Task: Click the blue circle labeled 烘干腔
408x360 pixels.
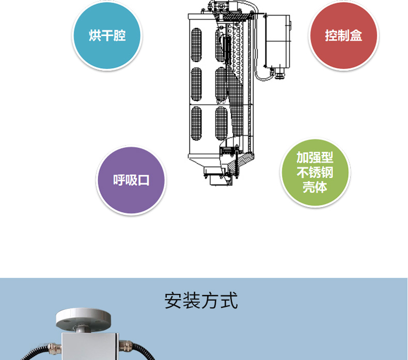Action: pyautogui.click(x=107, y=36)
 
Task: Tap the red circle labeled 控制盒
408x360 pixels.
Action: pyautogui.click(x=343, y=36)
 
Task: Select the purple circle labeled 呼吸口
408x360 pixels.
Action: pyautogui.click(x=131, y=180)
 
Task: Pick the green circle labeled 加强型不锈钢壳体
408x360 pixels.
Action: pyautogui.click(x=315, y=173)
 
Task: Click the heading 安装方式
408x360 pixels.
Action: pyautogui.click(x=201, y=301)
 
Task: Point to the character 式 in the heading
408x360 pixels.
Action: pyautogui.click(x=229, y=301)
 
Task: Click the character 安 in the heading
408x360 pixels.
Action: pyautogui.click(x=173, y=301)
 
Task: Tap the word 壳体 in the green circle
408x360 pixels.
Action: pyautogui.click(x=315, y=187)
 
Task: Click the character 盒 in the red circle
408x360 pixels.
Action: pyautogui.click(x=356, y=36)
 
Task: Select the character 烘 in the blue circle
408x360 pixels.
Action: pyautogui.click(x=95, y=36)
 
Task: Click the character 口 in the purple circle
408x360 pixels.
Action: pyautogui.click(x=144, y=180)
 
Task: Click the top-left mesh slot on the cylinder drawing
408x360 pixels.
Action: pyautogui.click(x=196, y=45)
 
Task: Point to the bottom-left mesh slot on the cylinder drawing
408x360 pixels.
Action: pyautogui.click(x=196, y=123)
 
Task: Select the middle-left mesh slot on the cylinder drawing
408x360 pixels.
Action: pyautogui.click(x=196, y=84)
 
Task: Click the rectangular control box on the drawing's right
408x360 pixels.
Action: pyautogui.click(x=277, y=41)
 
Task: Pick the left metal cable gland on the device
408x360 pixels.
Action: pyautogui.click(x=54, y=348)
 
